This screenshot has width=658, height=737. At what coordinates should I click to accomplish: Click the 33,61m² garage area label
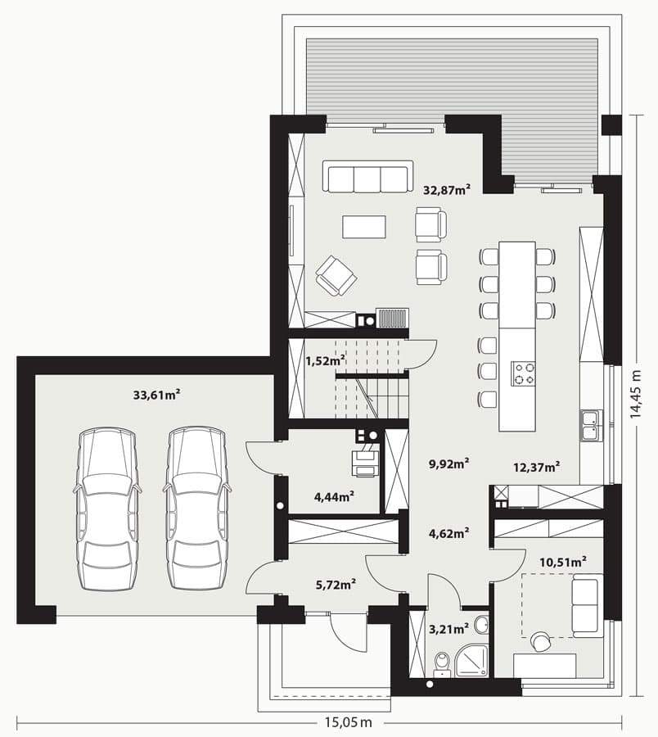[x=157, y=395]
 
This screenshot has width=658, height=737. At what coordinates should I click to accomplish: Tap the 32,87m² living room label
[x=447, y=190]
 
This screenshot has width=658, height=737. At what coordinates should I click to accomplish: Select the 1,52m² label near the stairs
[x=326, y=361]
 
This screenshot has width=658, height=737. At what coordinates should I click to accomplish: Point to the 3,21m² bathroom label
[x=449, y=628]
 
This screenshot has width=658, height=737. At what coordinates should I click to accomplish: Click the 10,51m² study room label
[x=563, y=562]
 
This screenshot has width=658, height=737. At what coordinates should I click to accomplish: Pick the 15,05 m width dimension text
[x=348, y=721]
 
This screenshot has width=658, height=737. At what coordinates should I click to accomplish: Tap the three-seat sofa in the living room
[x=367, y=176]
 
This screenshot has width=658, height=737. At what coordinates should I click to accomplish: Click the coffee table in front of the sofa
[x=364, y=227]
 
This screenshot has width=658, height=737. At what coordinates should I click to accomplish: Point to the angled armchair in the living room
[x=336, y=275]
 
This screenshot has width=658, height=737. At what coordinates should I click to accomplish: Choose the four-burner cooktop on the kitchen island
[x=523, y=373]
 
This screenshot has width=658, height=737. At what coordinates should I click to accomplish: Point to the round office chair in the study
[x=541, y=641]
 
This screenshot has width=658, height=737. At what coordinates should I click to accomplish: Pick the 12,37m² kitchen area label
[x=536, y=468]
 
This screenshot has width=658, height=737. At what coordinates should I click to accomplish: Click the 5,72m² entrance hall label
[x=336, y=584]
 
